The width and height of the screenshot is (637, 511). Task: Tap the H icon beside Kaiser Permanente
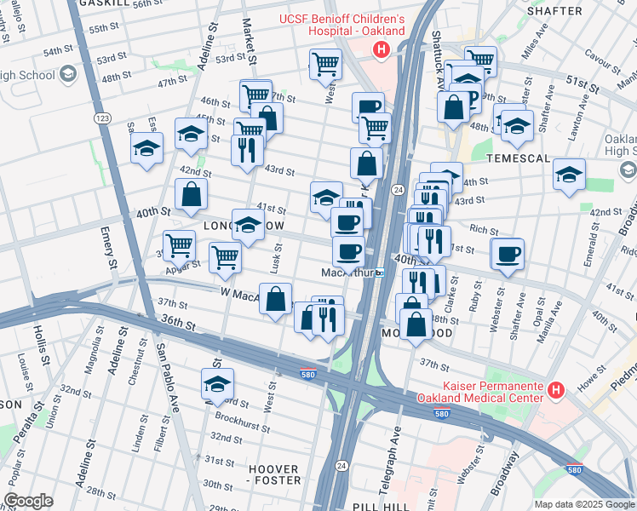pos(556,390)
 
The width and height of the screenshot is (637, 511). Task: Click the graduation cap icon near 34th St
pos(218,384)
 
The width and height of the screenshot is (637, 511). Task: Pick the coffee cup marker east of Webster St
pos(508,255)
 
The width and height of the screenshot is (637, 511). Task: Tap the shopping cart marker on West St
pos(325,62)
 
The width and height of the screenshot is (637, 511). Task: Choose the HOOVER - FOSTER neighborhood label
pos(274,474)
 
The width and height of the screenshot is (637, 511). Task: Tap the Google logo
pos(28,501)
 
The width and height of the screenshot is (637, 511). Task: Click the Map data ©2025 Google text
pos(584,504)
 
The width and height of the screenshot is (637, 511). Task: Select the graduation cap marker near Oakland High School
pos(569,175)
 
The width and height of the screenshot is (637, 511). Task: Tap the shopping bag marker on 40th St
pos(192,194)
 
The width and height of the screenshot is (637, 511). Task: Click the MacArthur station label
pos(347,273)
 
